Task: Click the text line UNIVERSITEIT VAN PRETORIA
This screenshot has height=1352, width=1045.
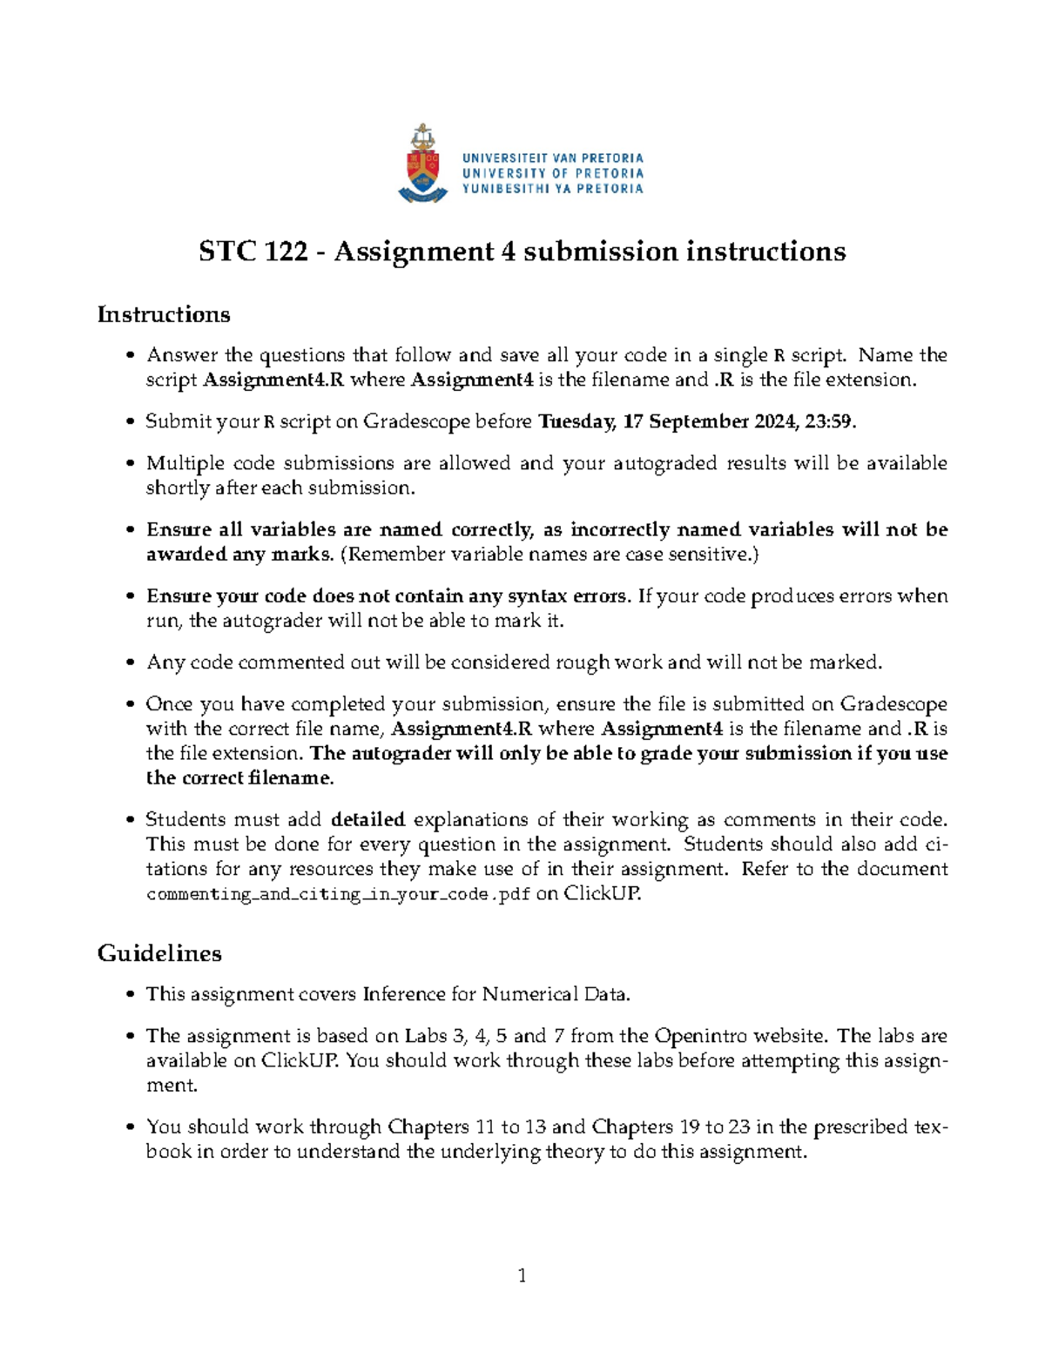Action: tap(552, 158)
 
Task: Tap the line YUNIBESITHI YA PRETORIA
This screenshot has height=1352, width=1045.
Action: tap(552, 189)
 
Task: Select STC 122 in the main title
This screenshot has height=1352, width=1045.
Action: tap(253, 252)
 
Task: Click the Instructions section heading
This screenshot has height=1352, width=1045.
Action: tap(164, 314)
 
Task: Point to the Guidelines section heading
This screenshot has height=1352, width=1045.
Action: tap(159, 953)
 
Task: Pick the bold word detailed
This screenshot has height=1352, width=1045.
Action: tap(368, 820)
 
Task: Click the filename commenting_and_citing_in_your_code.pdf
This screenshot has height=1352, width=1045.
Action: tap(338, 894)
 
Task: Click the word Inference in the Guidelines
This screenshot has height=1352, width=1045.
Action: tap(402, 994)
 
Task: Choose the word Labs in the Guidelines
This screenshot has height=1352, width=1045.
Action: tap(426, 1036)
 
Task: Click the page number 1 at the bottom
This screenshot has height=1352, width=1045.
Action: tap(522, 1276)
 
